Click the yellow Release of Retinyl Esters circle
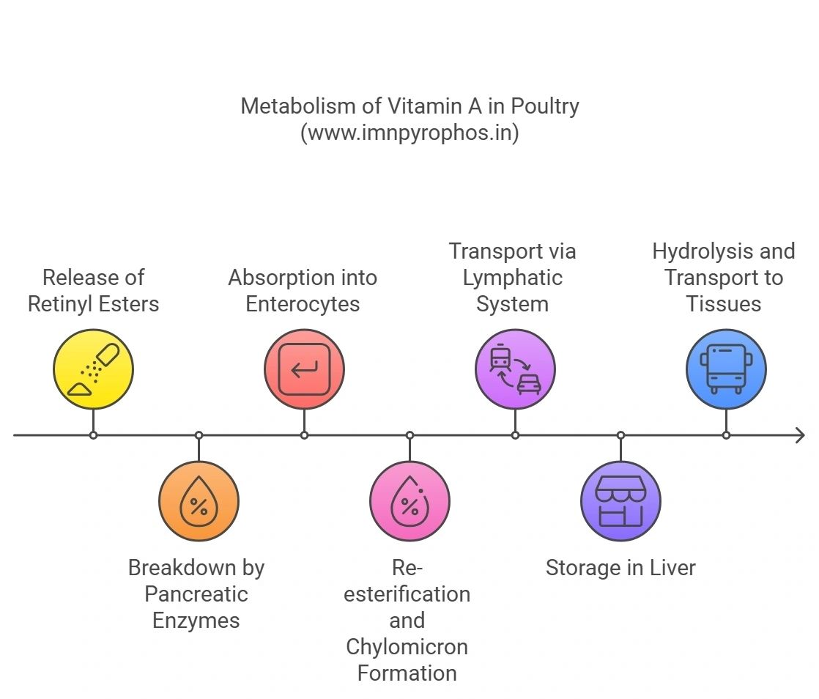coord(94,369)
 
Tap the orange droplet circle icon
coord(199,501)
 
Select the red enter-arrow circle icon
coord(305,369)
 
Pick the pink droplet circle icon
coord(410,501)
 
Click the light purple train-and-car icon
coord(516,369)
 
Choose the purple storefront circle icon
coord(621,501)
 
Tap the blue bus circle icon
coord(727,369)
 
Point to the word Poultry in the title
coord(545,107)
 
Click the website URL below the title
coord(410,133)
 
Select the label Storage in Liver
coord(621,568)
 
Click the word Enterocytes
coord(303,305)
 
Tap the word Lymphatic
coord(513,278)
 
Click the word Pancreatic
coord(196,594)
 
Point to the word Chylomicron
coord(407,647)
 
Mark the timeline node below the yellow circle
coord(94,435)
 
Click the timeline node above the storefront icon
coord(621,435)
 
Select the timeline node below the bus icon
coord(727,435)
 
